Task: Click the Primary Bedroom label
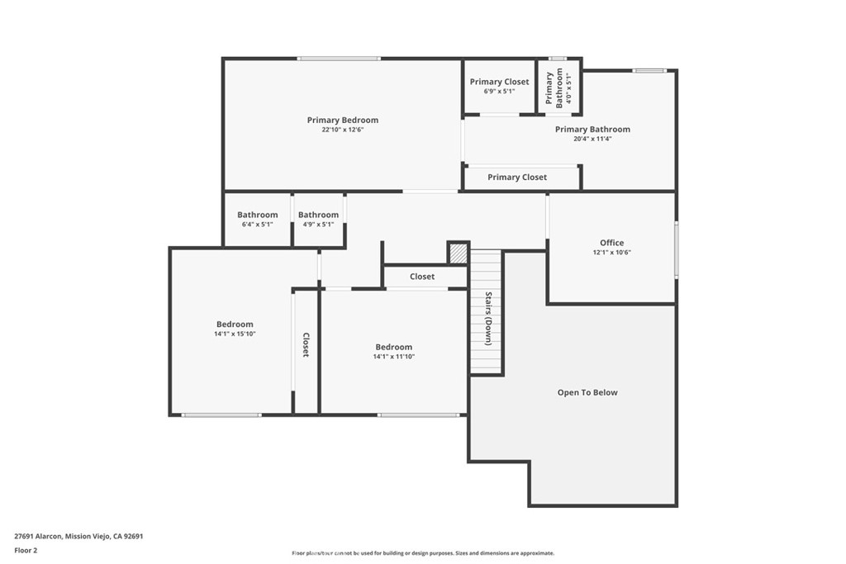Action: [342, 121]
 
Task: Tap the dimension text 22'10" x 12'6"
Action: [342, 130]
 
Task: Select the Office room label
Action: [611, 243]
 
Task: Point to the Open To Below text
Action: [587, 392]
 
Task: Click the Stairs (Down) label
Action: [488, 318]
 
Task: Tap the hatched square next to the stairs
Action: [458, 253]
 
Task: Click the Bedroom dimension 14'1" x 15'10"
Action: [235, 334]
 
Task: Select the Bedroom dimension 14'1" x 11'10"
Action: [393, 357]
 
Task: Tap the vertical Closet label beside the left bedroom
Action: [306, 344]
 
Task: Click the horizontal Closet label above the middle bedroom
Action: [421, 277]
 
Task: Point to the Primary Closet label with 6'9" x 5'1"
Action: [499, 82]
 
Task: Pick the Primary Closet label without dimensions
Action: [516, 177]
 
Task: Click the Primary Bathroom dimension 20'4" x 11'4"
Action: [592, 139]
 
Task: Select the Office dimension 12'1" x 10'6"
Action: [611, 253]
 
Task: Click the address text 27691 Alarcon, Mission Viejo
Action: [78, 535]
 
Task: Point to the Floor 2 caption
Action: [26, 549]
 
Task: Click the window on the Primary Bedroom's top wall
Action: [339, 58]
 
